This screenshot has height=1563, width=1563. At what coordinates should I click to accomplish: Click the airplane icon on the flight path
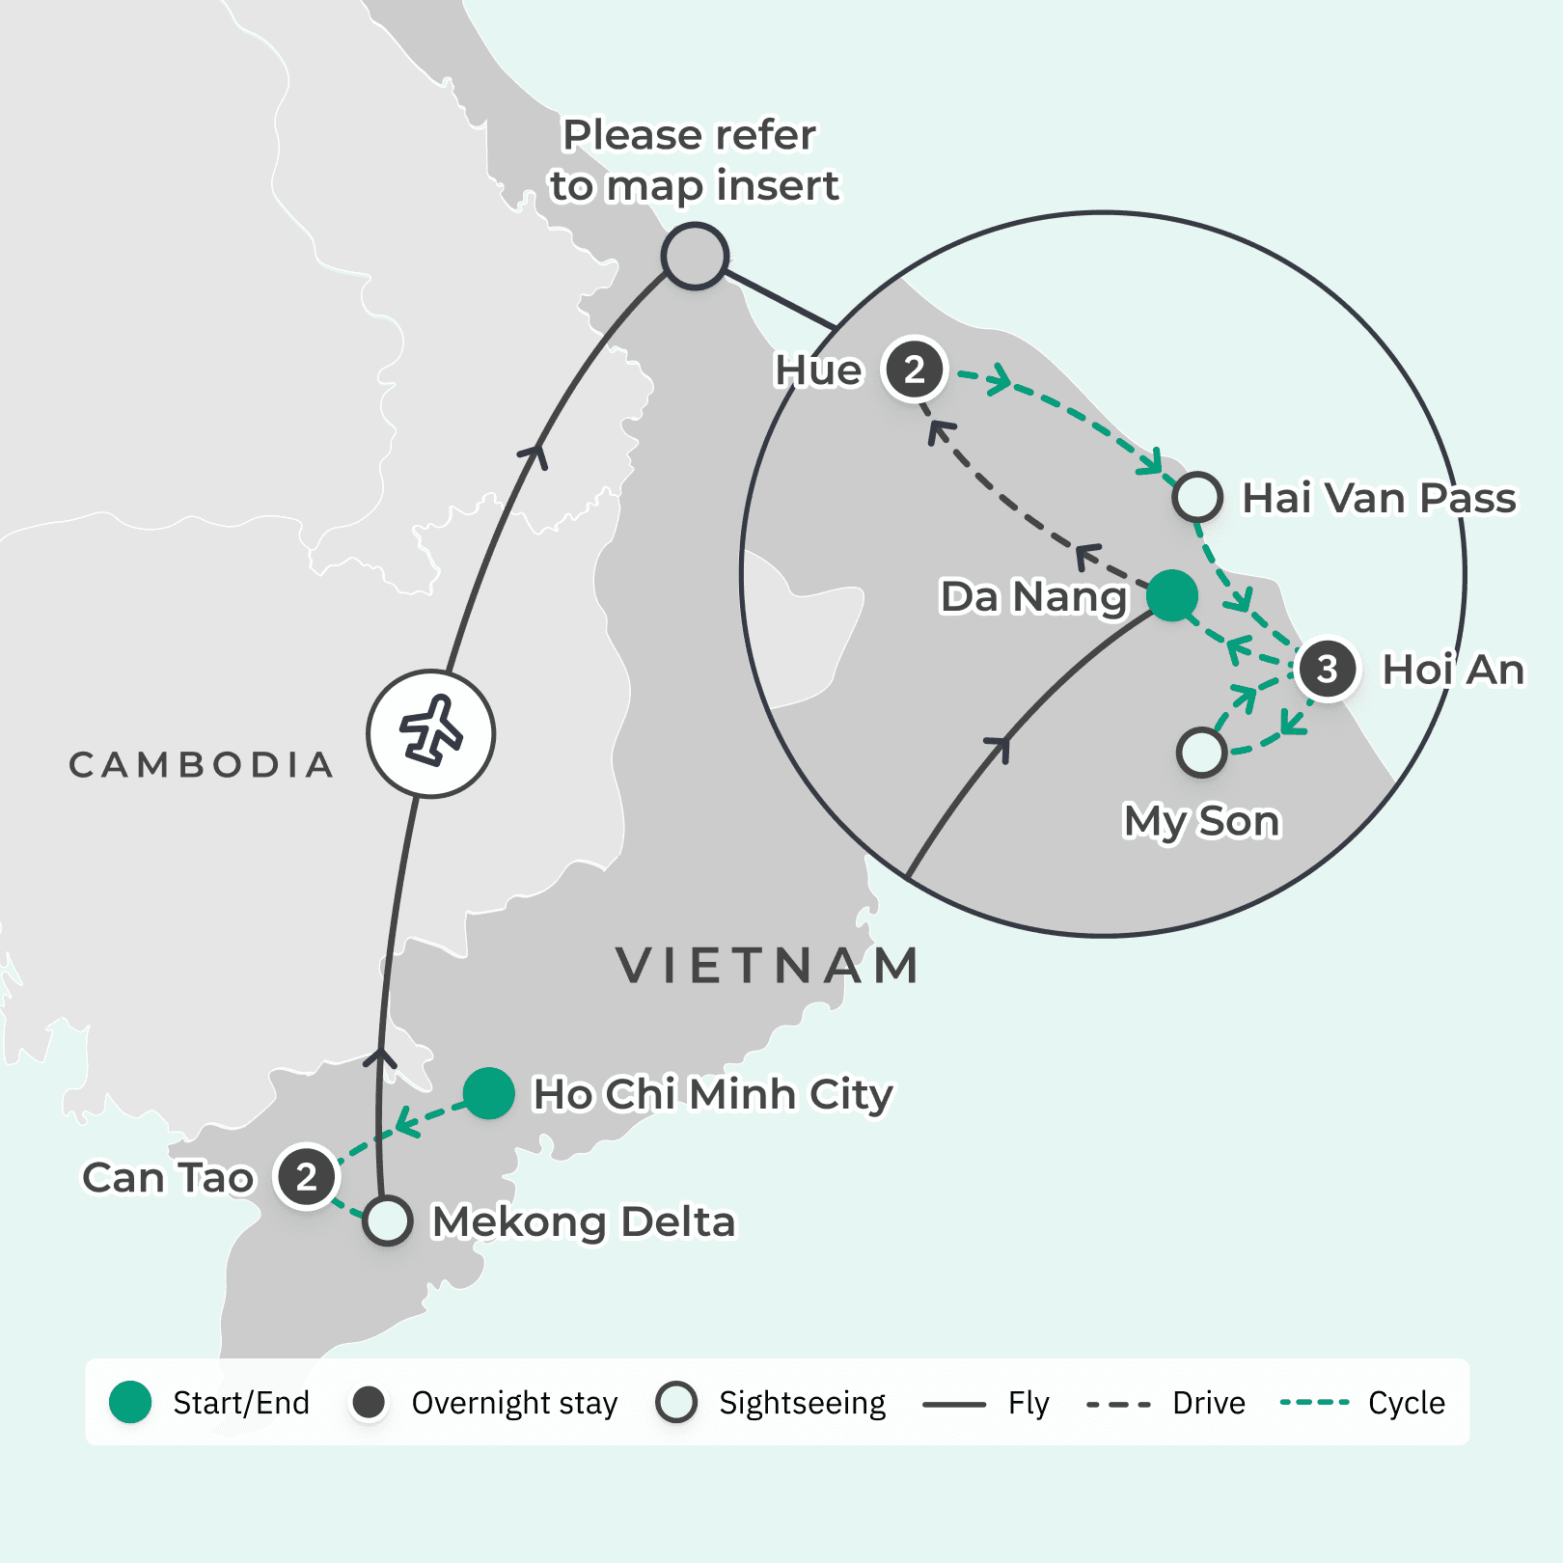tap(430, 733)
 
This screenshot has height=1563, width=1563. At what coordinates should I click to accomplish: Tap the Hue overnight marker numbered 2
tap(915, 369)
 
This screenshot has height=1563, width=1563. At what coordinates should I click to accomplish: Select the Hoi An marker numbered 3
tap(1328, 669)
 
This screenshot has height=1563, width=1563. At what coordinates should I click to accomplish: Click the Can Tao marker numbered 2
tap(306, 1176)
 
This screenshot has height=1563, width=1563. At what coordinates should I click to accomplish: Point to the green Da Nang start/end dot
tap(1172, 594)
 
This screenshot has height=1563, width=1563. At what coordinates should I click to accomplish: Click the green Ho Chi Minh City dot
tap(488, 1093)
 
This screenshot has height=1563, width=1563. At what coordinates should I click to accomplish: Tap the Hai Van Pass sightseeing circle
tap(1197, 497)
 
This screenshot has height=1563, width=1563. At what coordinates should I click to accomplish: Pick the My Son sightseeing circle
tap(1201, 753)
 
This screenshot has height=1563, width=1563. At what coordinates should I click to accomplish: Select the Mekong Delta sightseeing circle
tap(388, 1220)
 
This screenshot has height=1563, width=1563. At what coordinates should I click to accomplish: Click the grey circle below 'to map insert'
tap(695, 256)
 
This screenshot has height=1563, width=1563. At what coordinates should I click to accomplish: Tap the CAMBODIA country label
tap(202, 765)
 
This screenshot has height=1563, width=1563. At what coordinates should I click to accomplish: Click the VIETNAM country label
tap(768, 966)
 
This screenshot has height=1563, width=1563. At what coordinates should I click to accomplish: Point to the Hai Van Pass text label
tap(1378, 498)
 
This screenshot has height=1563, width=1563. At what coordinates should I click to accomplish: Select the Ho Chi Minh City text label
tap(712, 1094)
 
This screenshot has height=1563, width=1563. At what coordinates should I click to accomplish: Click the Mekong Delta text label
tap(583, 1221)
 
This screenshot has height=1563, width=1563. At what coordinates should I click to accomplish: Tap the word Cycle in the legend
tap(1406, 1403)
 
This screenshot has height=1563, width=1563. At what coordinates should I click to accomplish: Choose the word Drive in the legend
tap(1208, 1403)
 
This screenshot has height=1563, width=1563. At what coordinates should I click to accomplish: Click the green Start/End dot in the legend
tap(130, 1402)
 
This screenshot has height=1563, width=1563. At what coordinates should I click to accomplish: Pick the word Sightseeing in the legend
tap(802, 1403)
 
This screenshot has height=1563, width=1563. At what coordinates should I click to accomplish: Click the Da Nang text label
tap(1033, 597)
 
